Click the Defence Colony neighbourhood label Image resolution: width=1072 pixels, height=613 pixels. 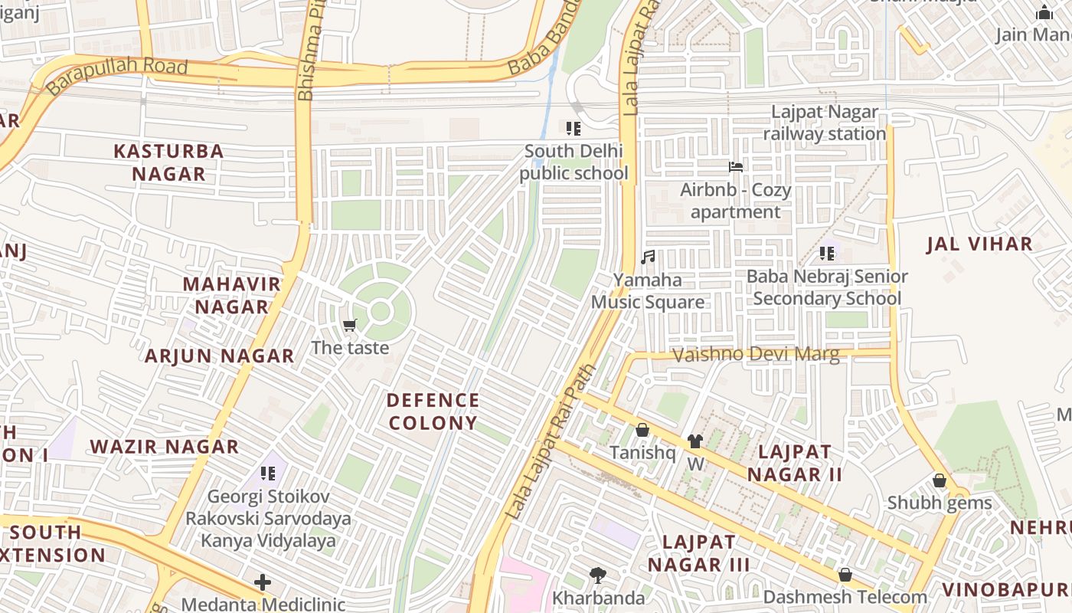[433, 411]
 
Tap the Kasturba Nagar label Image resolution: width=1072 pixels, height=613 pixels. [168, 162]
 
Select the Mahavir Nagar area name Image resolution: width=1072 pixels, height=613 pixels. [231, 295]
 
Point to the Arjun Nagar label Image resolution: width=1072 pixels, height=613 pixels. [220, 356]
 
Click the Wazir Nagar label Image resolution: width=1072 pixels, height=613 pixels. [165, 447]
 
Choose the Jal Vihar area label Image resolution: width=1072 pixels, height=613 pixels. [979, 244]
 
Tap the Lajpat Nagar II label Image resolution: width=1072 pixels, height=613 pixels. [795, 463]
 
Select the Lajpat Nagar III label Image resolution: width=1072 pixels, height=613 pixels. [699, 553]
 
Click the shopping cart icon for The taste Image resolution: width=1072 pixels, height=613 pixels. [351, 326]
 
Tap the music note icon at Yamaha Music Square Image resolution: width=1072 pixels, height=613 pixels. [648, 257]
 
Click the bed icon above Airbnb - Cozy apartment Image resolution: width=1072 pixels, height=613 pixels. [735, 167]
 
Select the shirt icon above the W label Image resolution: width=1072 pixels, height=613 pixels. [695, 441]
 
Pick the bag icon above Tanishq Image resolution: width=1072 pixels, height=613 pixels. [642, 431]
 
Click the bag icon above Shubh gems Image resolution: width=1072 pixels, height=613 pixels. [939, 481]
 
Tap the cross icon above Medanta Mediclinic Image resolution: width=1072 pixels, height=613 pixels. [263, 582]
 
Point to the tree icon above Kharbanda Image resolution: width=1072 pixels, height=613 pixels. [598, 575]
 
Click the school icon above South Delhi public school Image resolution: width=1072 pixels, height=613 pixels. [574, 129]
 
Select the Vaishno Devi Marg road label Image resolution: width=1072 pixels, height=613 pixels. [756, 355]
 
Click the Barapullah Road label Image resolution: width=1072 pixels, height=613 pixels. [116, 75]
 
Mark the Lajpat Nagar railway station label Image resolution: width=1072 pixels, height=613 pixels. [825, 123]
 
